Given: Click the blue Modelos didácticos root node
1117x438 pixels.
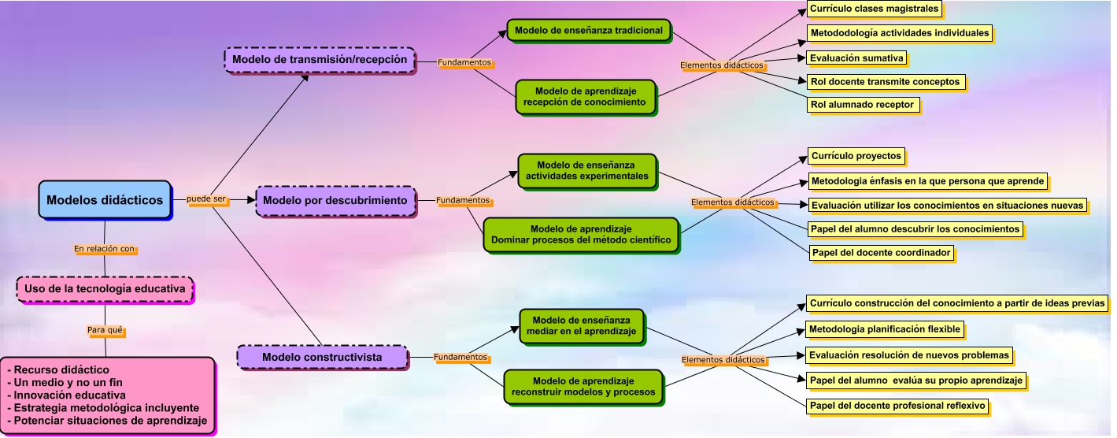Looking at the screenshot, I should [x=105, y=199].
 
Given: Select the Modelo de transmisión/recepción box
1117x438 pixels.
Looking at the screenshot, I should [x=320, y=59].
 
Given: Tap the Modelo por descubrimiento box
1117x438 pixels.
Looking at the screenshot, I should [x=335, y=200].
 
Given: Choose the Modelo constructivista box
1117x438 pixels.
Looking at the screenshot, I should [x=322, y=357].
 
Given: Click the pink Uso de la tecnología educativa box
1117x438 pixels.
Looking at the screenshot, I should [x=105, y=289].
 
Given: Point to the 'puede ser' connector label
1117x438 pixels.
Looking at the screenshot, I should [x=207, y=199].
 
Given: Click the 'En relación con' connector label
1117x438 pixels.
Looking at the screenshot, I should [x=105, y=249].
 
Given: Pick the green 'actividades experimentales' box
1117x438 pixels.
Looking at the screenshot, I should [x=587, y=170].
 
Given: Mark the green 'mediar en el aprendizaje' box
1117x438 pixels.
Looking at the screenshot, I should [x=581, y=326].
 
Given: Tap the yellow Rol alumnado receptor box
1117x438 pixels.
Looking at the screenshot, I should [x=862, y=104].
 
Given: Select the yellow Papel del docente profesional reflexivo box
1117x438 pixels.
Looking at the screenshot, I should [x=897, y=406].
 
